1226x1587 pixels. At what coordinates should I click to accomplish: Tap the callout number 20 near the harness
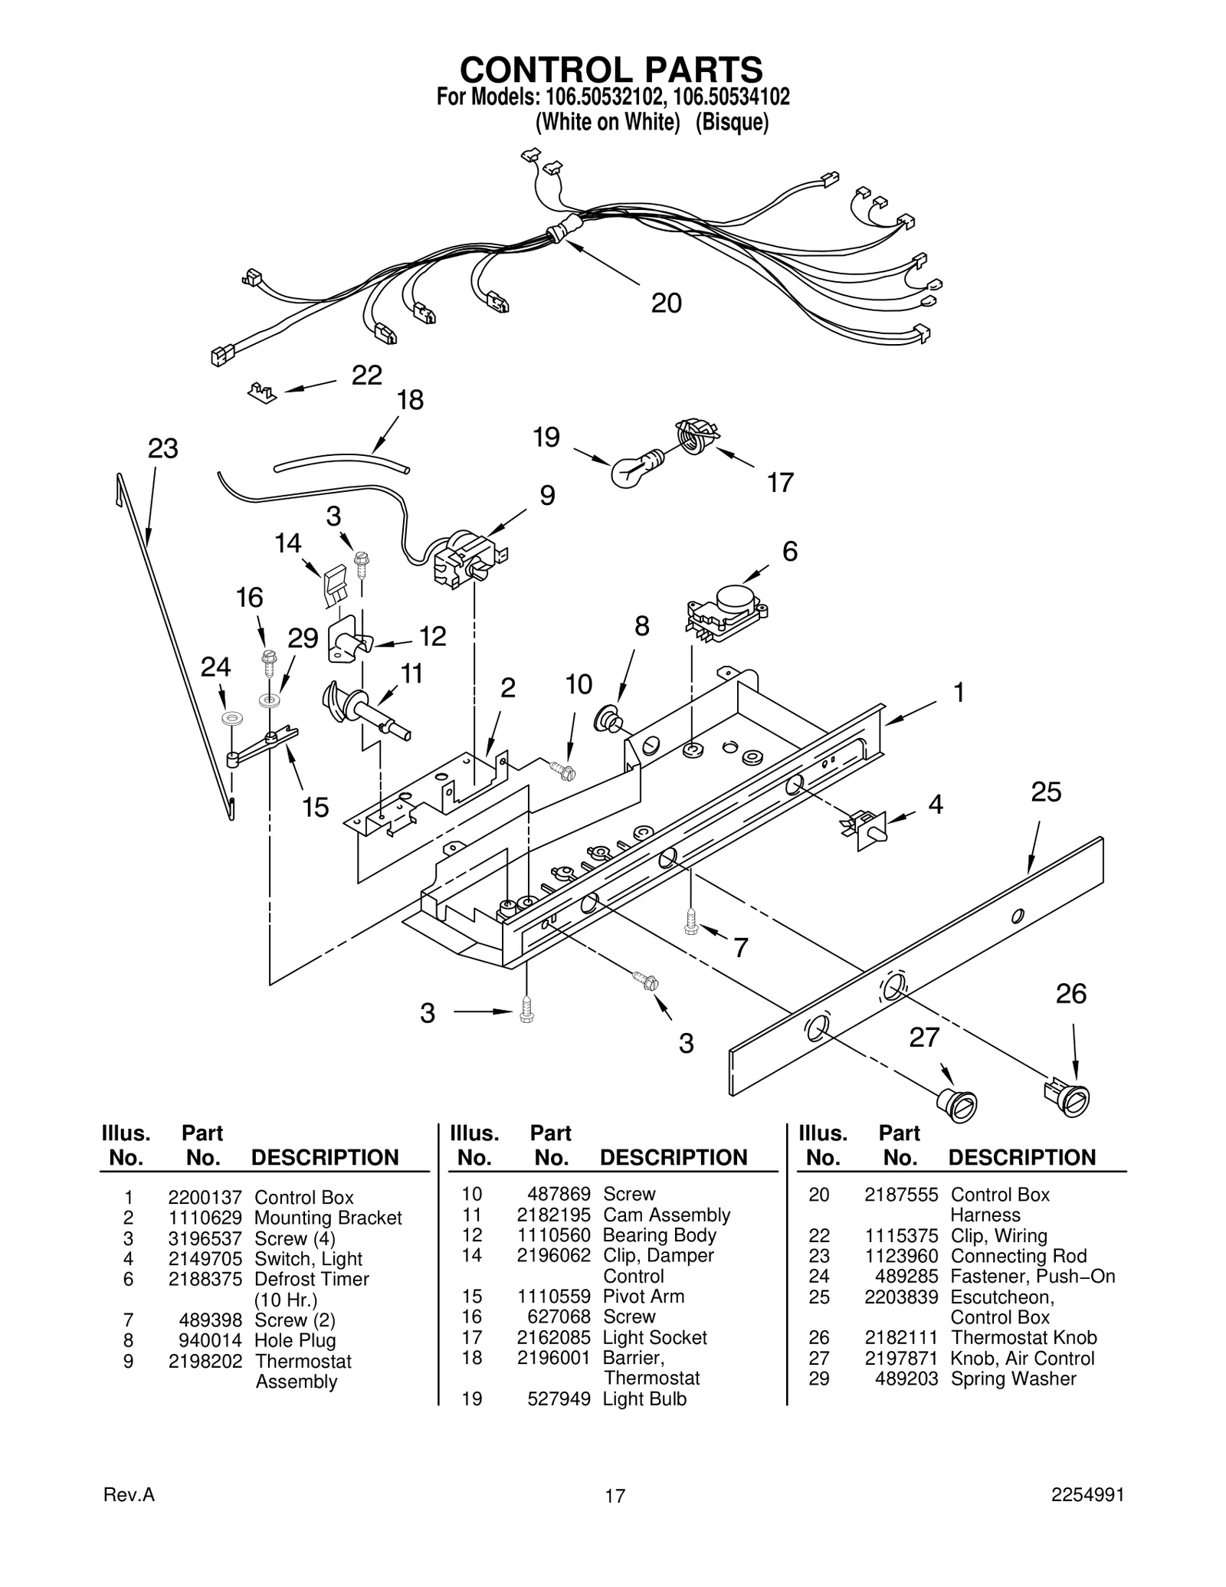666,303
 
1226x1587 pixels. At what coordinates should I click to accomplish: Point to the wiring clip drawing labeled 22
261,394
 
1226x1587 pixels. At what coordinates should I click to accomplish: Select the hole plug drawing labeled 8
608,720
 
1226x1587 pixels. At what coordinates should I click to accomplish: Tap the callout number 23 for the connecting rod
162,449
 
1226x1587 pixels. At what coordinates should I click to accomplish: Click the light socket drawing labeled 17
694,436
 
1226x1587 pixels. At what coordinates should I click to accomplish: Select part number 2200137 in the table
205,1197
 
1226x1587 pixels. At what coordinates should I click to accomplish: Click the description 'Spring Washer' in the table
1013,1379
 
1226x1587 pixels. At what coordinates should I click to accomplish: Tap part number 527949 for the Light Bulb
559,1398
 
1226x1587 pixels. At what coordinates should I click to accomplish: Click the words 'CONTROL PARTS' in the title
611,70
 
